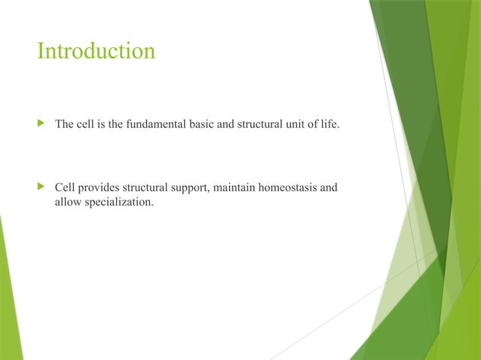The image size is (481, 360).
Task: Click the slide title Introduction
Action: coord(97,51)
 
